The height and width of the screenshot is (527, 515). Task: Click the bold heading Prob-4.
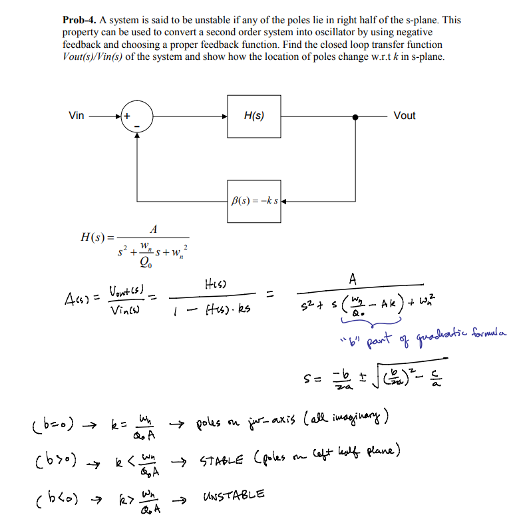pyautogui.click(x=81, y=20)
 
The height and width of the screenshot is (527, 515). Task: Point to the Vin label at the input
pyautogui.click(x=77, y=116)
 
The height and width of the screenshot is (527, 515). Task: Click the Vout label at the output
pyautogui.click(x=404, y=116)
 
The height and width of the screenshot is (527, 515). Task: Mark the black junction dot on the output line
pyautogui.click(x=357, y=116)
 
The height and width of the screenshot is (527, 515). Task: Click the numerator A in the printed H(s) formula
pyautogui.click(x=153, y=230)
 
